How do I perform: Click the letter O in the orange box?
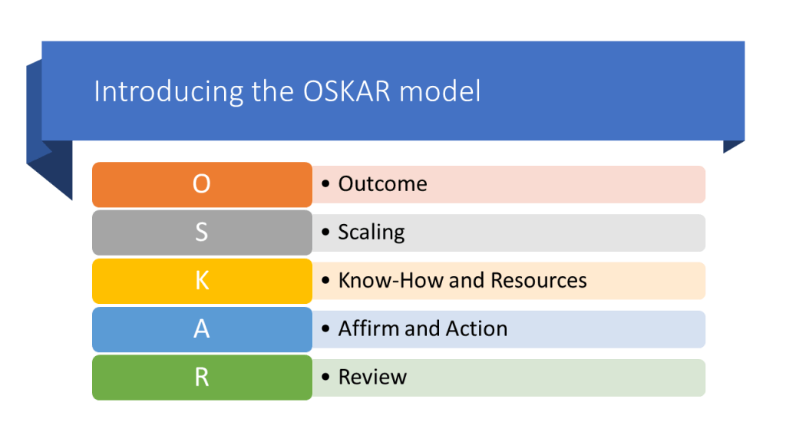[202, 184]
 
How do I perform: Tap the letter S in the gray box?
[202, 232]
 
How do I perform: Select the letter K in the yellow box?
[202, 281]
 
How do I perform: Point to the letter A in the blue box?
[202, 328]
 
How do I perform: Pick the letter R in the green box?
[202, 377]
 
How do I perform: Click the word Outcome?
[382, 184]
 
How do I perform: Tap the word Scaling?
[372, 233]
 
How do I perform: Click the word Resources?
[539, 280]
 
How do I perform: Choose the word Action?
[476, 328]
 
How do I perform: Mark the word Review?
[372, 377]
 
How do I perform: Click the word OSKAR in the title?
[347, 91]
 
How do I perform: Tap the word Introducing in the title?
[168, 92]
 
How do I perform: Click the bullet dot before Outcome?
[325, 184]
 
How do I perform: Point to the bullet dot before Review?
[325, 377]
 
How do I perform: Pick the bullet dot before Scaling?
[325, 232]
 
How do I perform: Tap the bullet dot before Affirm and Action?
[325, 328]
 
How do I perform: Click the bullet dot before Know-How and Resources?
[325, 281]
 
